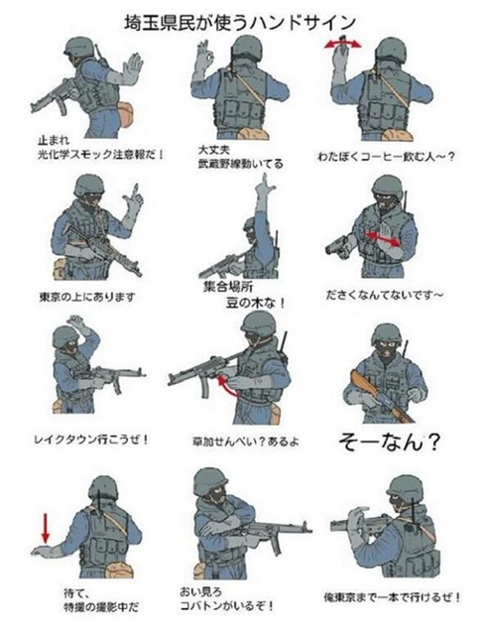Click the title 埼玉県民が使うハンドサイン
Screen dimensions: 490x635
(240, 23)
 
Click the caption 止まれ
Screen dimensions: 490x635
(53, 141)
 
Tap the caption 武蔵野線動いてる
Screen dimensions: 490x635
(241, 164)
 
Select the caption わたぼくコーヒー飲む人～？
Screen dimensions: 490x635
(386, 157)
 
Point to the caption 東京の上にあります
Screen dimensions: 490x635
(86, 298)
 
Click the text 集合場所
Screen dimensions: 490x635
(228, 287)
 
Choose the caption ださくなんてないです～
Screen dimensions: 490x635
(384, 296)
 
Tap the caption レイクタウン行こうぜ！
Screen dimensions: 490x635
(91, 439)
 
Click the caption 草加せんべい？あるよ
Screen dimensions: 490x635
(246, 441)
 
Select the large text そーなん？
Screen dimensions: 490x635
(389, 442)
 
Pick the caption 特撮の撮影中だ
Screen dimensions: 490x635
(101, 607)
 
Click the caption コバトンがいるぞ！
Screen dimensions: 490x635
(227, 606)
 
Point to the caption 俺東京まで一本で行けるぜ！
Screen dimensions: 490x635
(392, 597)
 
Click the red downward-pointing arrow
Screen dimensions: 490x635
(46, 528)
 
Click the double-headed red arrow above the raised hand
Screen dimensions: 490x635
(342, 43)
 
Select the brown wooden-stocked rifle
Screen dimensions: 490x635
(381, 397)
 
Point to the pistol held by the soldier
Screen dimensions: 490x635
(338, 245)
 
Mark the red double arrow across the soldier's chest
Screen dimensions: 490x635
(382, 239)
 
